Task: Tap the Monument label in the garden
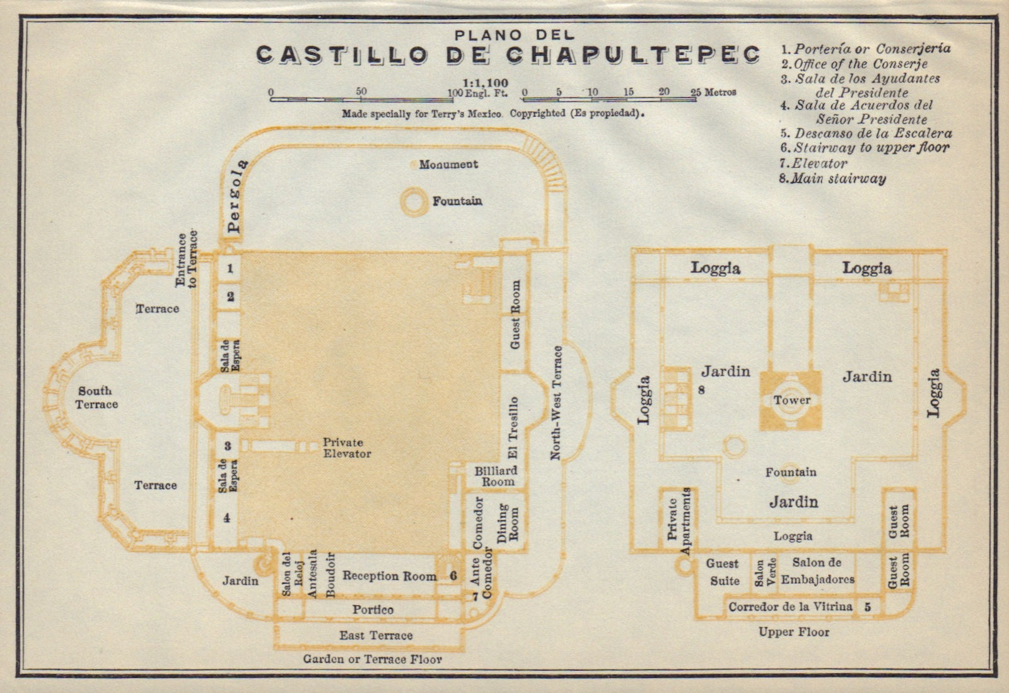click(x=448, y=165)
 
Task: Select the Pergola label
click(x=235, y=196)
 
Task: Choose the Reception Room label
click(x=389, y=576)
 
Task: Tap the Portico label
click(x=373, y=610)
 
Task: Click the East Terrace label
click(x=376, y=636)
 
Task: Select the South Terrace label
click(x=96, y=398)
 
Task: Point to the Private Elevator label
click(x=347, y=448)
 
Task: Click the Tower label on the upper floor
click(x=792, y=400)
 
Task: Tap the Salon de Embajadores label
click(x=817, y=571)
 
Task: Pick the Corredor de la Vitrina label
click(x=791, y=607)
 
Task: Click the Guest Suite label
click(x=723, y=572)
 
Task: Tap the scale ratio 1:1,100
click(x=485, y=83)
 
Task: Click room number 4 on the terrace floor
click(x=227, y=518)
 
